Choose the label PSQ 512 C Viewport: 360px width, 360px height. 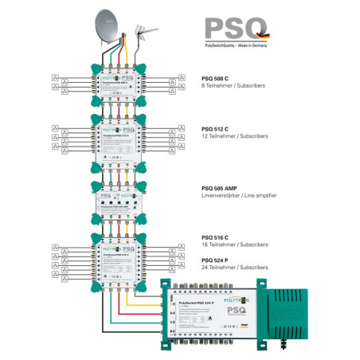point(215,129)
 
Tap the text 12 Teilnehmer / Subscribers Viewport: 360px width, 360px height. point(236,137)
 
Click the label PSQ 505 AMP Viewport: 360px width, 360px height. point(221,188)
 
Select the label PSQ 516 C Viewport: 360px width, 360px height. point(215,237)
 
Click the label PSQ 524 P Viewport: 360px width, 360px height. point(215,260)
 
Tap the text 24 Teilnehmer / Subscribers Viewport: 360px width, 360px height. point(236,268)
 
